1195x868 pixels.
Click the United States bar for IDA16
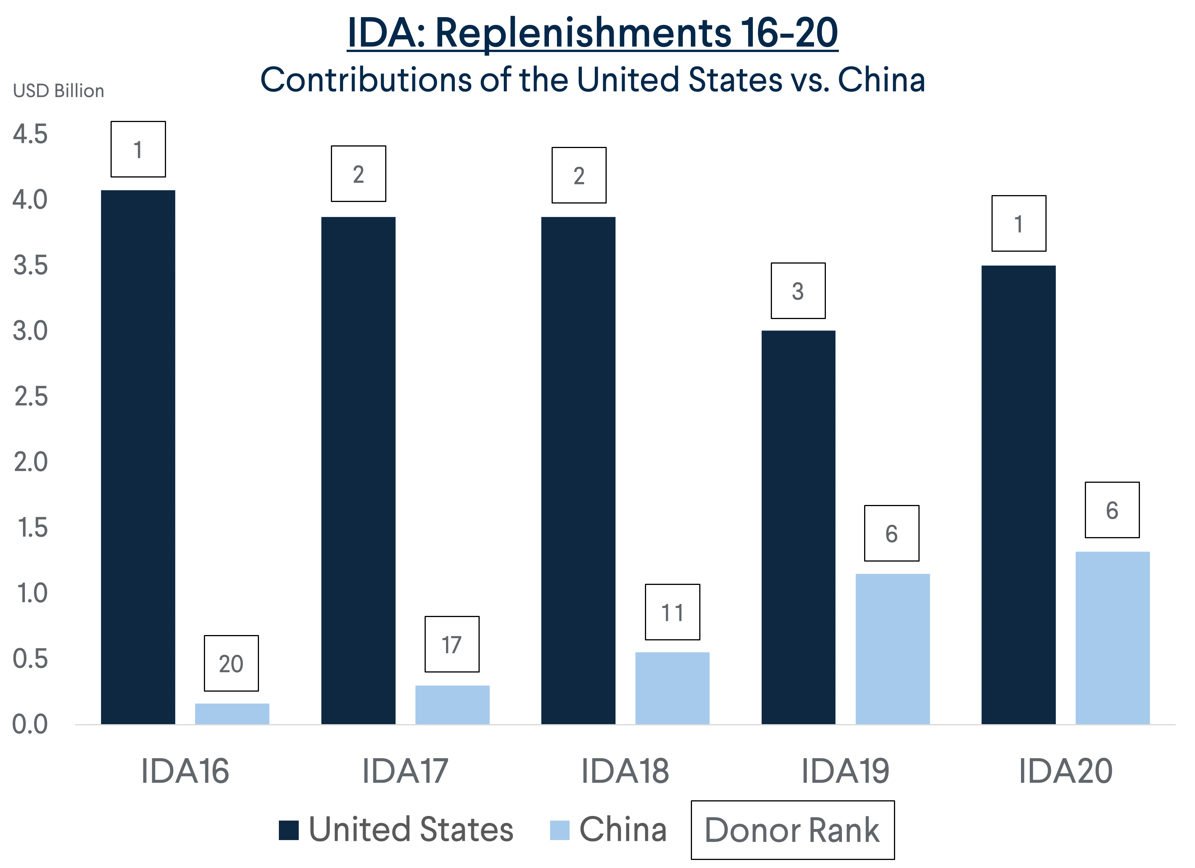(x=138, y=458)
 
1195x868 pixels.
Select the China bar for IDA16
(x=232, y=715)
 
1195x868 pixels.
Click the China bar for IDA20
(x=1113, y=638)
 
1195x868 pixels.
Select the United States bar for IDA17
(x=358, y=471)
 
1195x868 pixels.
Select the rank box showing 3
(x=798, y=291)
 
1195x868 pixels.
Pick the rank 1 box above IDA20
(x=1019, y=223)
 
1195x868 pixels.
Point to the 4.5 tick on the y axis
(x=30, y=134)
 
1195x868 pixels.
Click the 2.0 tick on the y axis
(x=30, y=462)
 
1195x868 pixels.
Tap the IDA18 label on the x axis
(x=625, y=771)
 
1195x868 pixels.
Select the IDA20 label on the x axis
(x=1065, y=771)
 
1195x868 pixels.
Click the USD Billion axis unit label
(x=59, y=91)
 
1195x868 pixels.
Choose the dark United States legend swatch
(x=289, y=831)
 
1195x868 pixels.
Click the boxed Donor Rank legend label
(x=793, y=831)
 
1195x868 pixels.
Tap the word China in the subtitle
(x=881, y=80)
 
